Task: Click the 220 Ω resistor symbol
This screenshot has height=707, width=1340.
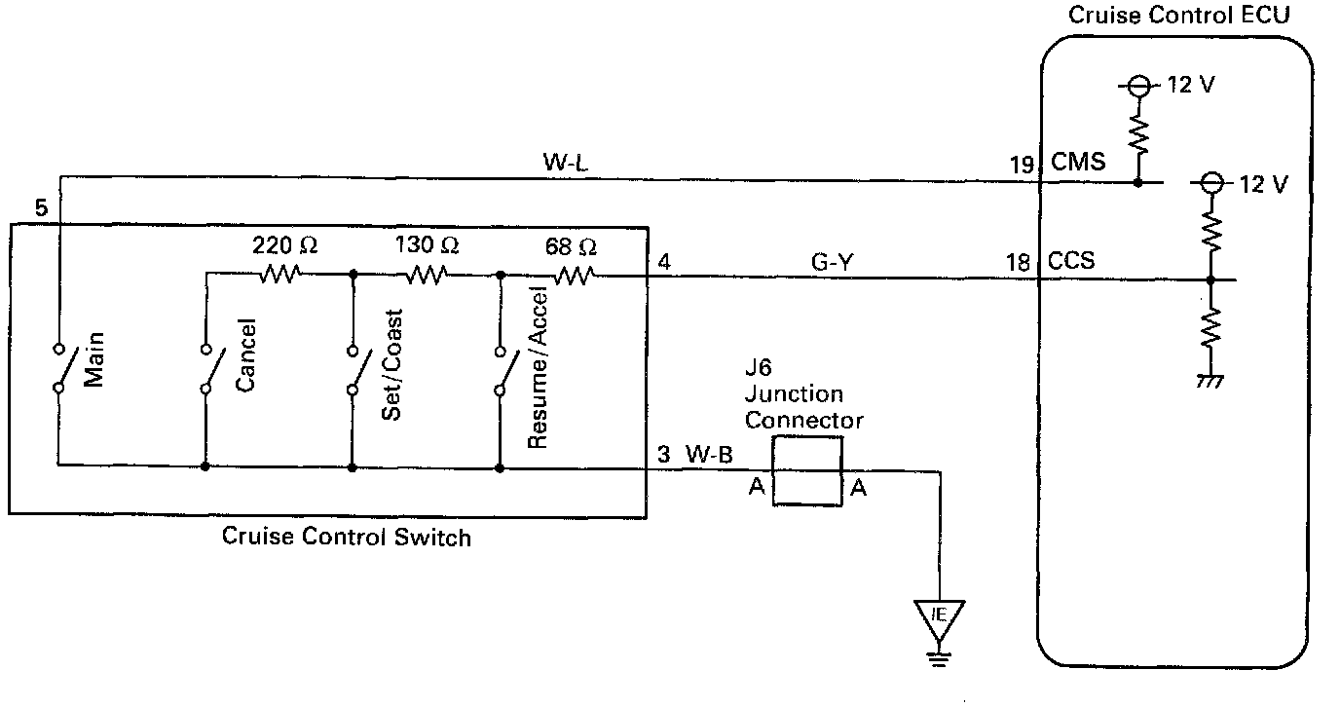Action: [279, 275]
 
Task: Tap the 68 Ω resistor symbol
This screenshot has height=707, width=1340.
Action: [574, 276]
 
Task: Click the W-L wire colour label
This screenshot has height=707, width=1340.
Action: [566, 162]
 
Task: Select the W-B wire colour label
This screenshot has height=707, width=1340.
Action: [710, 453]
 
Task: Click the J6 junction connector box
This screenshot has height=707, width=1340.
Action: [807, 470]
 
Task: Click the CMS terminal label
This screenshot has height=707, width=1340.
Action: [1078, 162]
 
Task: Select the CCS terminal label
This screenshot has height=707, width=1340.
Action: [1071, 260]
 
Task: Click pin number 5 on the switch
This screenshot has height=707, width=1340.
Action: [40, 207]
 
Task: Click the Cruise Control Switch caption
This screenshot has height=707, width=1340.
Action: [347, 537]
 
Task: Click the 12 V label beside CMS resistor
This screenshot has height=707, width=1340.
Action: [1191, 85]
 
